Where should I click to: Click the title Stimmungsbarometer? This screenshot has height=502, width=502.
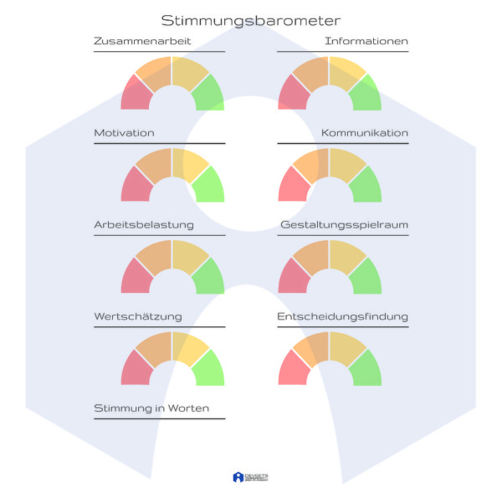tap(250, 21)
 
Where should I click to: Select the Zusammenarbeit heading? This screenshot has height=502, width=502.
tap(142, 41)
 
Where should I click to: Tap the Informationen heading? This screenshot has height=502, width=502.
tap(366, 41)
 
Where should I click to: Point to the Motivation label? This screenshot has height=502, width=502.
tap(124, 133)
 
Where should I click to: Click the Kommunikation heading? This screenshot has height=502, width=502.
tap(365, 133)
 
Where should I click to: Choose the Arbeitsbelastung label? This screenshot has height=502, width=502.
tap(144, 225)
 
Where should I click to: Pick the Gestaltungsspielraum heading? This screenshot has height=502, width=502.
tap(344, 225)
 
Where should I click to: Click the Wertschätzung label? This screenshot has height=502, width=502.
tap(137, 317)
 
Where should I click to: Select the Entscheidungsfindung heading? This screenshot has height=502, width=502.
tap(343, 317)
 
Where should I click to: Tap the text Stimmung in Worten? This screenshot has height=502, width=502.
tap(151, 408)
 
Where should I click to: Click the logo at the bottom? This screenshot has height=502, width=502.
tap(250, 477)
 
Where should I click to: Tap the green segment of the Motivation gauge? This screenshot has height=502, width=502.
tap(209, 187)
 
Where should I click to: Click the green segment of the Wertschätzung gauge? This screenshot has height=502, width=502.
tap(209, 370)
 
